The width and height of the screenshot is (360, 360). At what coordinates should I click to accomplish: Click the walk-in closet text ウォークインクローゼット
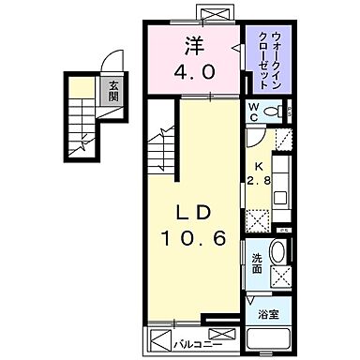click(268, 58)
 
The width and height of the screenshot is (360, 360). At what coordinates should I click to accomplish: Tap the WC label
click(253, 112)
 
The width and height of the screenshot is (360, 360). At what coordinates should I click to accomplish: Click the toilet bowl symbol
click(275, 112)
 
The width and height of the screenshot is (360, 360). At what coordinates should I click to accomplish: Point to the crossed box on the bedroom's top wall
click(215, 16)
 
